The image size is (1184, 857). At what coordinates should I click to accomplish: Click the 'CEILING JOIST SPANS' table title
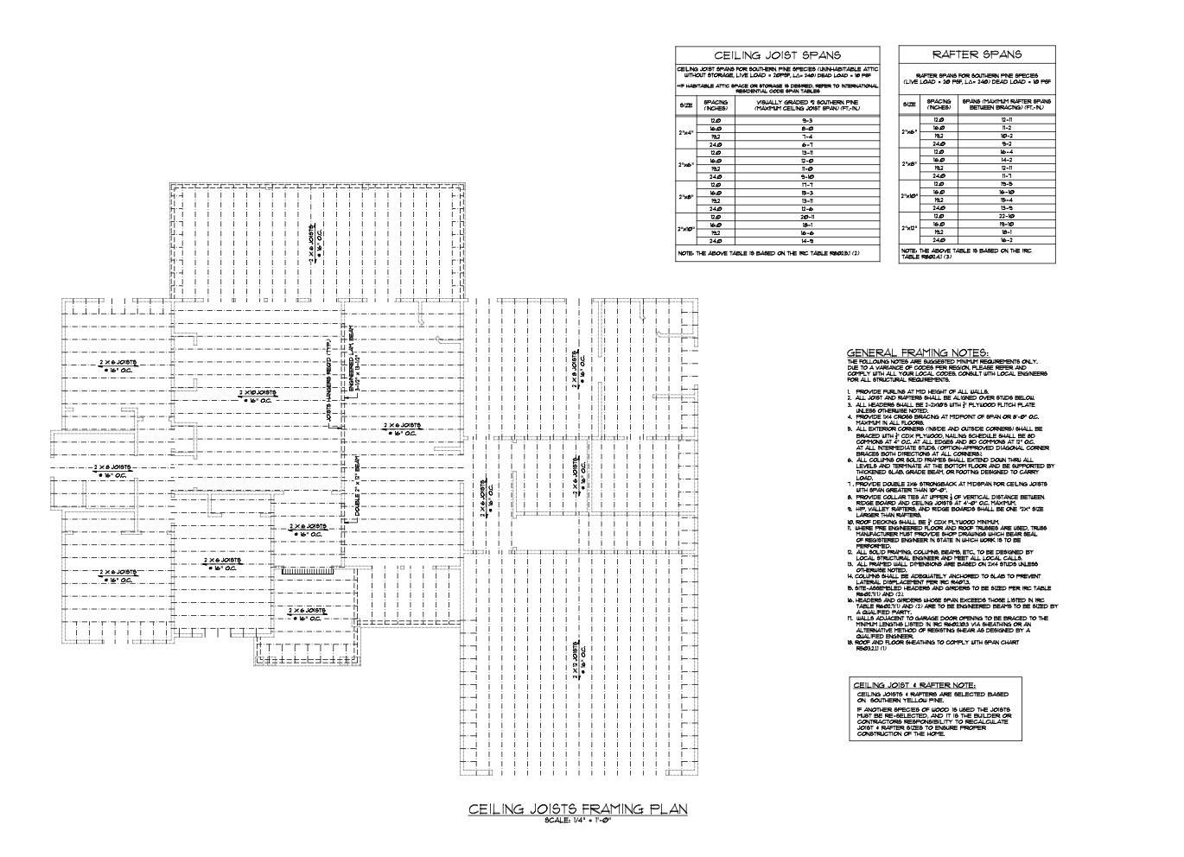pos(776,55)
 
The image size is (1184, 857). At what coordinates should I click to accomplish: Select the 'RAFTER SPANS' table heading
pos(977,54)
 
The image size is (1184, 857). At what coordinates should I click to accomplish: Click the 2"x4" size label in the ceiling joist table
pos(686,132)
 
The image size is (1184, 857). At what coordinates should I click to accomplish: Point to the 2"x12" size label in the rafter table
pos(910,228)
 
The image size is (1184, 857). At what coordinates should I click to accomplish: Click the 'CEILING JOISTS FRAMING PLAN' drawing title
pos(578,809)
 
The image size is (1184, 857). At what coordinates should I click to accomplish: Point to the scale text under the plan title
pos(578,820)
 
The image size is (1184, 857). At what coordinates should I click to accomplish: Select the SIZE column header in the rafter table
pos(910,105)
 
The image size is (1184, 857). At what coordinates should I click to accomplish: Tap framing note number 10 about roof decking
pos(923,523)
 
